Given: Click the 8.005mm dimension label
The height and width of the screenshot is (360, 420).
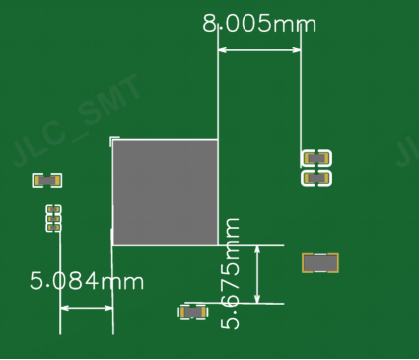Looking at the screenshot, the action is (x=259, y=24).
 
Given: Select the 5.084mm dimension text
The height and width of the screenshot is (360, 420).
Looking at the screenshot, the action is (x=87, y=281).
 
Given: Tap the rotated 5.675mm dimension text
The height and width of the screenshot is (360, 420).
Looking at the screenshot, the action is (x=230, y=273).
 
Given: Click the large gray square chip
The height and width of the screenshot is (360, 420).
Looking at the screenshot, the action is (x=166, y=192).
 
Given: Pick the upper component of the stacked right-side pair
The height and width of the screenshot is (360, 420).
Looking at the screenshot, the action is (x=316, y=158).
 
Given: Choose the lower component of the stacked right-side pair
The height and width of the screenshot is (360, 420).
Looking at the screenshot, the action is (x=316, y=179).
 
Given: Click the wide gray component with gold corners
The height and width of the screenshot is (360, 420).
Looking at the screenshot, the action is (x=320, y=263).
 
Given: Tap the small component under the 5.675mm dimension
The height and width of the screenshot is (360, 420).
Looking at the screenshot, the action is (x=193, y=312).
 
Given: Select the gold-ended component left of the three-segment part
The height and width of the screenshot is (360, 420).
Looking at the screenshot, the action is (x=47, y=180).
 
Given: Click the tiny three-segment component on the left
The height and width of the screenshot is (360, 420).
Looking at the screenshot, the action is (x=53, y=218).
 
